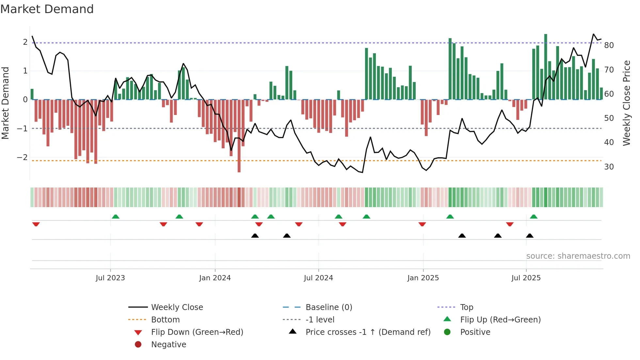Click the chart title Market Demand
click(x=47, y=9)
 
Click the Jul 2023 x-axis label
click(x=110, y=278)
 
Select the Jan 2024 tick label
click(x=215, y=278)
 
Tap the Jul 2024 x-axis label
click(x=318, y=278)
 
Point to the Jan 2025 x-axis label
click(x=423, y=278)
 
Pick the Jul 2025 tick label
click(x=526, y=278)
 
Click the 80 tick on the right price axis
click(x=609, y=45)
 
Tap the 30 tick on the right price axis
click(x=609, y=167)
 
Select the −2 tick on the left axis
click(x=23, y=157)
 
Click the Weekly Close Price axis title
click(x=626, y=103)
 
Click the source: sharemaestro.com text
click(x=578, y=256)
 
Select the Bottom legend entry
click(x=165, y=320)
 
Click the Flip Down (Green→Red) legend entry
click(x=197, y=332)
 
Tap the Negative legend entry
click(x=168, y=345)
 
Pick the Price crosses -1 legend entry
click(x=368, y=332)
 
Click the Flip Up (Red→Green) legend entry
click(x=500, y=320)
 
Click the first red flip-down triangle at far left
click(x=36, y=224)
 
